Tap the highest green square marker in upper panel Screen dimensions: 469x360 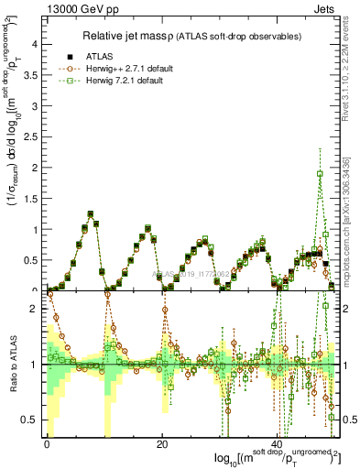click(x=320, y=173)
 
